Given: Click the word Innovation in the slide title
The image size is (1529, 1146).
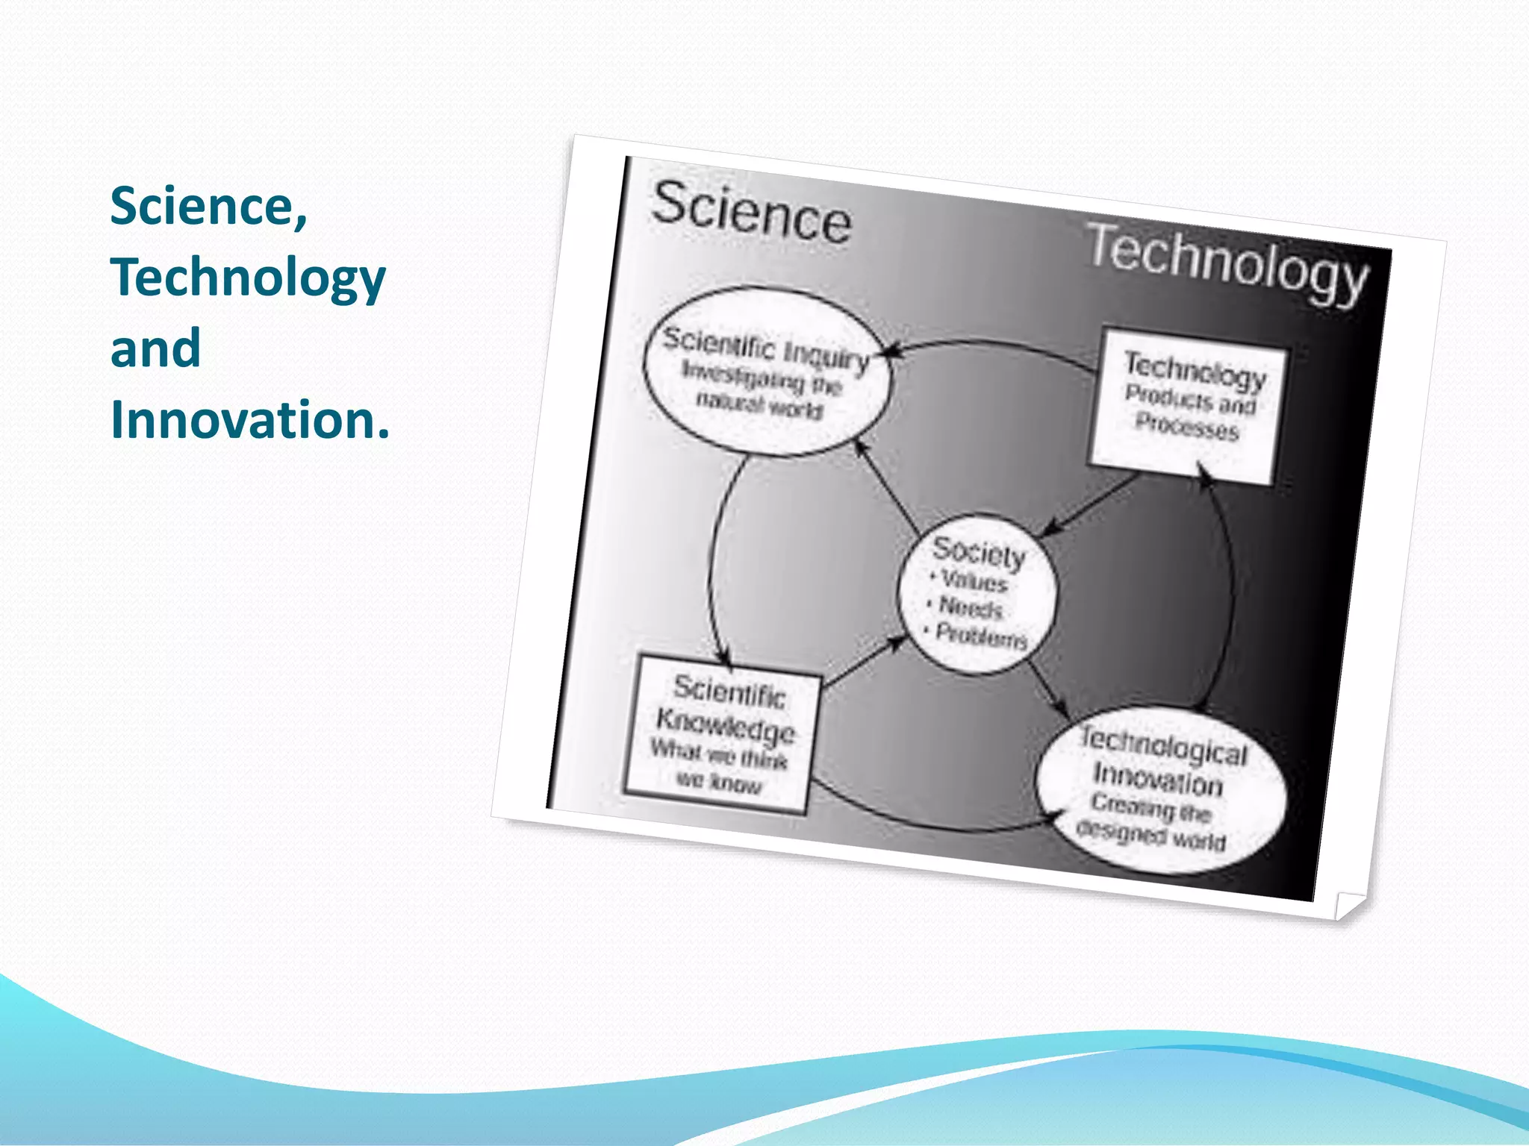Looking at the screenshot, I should tap(249, 419).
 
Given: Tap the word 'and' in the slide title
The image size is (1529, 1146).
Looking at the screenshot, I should tap(155, 348).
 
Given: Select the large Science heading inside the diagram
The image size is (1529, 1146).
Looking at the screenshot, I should tap(750, 213).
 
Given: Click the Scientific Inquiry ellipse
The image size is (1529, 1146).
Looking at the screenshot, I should tap(766, 372).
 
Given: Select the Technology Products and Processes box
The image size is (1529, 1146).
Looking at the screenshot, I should tap(1189, 406).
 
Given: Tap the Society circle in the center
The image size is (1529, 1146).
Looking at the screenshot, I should tap(978, 594).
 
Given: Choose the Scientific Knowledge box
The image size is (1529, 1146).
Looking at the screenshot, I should tap(722, 734).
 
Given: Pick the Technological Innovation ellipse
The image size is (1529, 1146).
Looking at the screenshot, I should tap(1161, 790).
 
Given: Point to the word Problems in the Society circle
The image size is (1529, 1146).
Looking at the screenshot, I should tap(981, 636).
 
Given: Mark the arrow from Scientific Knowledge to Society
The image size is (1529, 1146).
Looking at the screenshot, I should tap(865, 660).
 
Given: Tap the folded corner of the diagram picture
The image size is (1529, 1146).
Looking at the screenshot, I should tap(1348, 905).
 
